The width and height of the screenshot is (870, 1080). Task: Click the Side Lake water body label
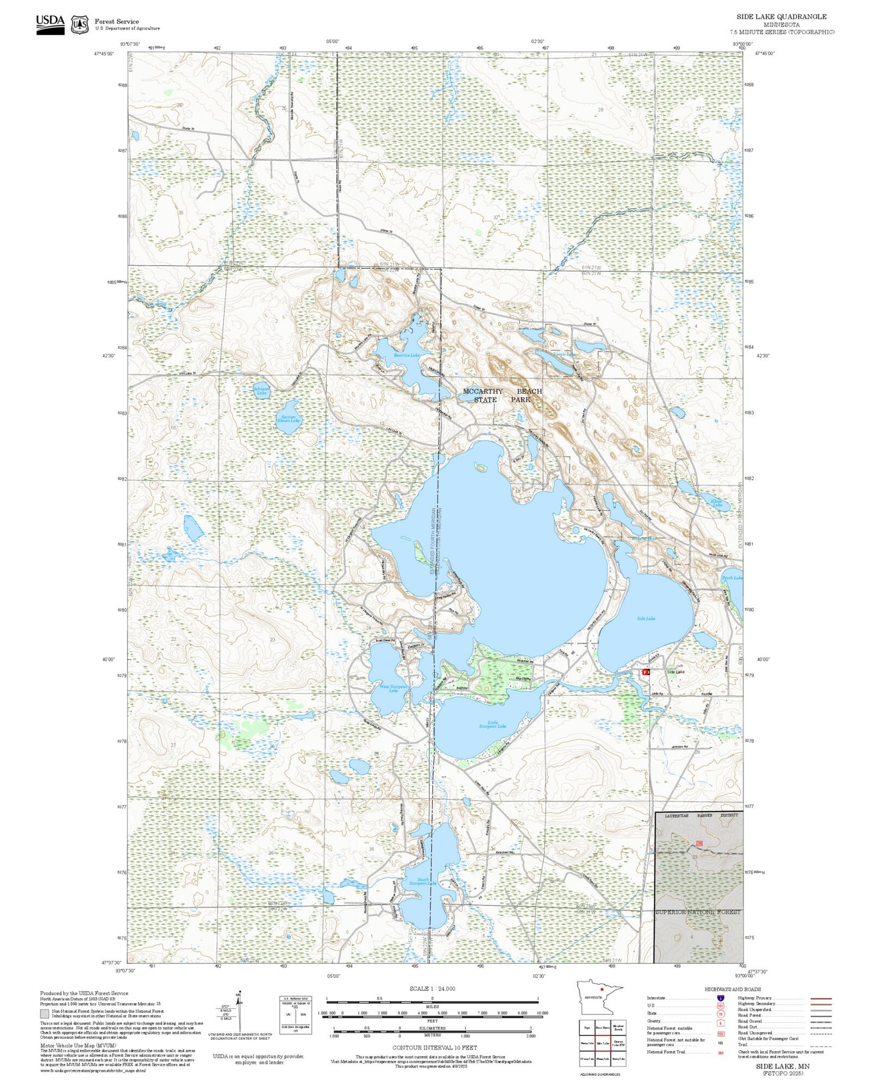tap(646, 618)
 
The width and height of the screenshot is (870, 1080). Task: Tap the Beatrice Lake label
tap(406, 355)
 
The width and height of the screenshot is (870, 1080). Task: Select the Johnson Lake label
tap(261, 391)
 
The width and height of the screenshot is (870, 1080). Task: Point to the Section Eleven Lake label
tap(288, 418)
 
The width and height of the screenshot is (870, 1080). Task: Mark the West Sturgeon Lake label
tap(393, 688)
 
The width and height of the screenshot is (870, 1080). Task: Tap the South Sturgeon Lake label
tap(423, 881)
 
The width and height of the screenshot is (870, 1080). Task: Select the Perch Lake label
tap(732, 577)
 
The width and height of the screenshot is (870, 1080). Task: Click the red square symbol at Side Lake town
tap(645, 672)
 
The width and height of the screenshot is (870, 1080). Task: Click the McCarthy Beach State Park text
tap(502, 395)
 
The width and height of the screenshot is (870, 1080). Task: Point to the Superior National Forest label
tap(698, 912)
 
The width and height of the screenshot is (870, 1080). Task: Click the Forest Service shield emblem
tap(79, 25)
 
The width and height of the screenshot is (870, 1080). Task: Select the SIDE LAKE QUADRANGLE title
tap(781, 17)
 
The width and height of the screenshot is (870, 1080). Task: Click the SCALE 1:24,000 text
tap(432, 988)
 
